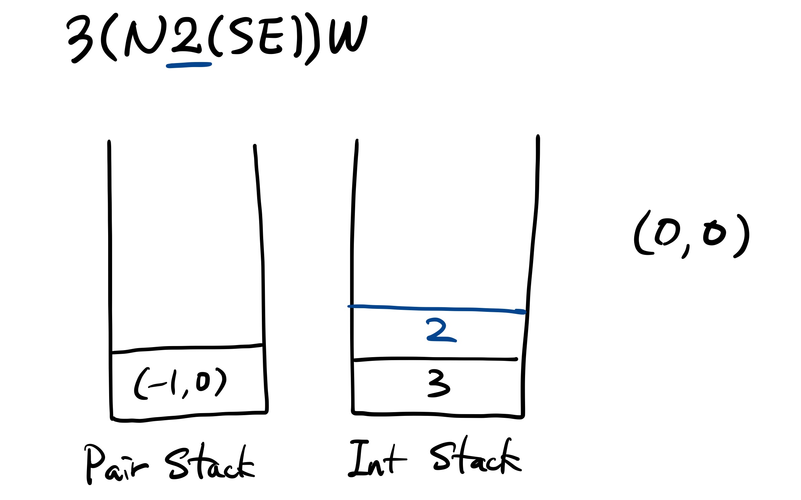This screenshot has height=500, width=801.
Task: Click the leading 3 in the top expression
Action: [80, 39]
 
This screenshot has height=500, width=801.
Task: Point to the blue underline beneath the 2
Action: [189, 65]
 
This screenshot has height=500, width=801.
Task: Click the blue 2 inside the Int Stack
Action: [440, 330]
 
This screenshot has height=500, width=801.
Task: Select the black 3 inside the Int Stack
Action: [438, 383]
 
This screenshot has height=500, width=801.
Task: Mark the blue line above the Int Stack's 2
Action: [436, 308]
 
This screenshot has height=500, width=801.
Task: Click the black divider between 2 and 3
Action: [435, 359]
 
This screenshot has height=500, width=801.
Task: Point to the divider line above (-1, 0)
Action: [187, 348]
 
